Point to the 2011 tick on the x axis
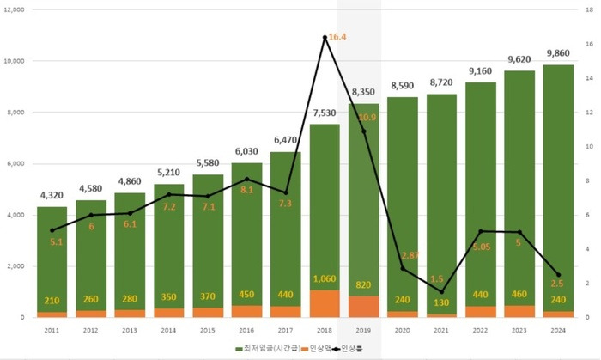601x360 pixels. (52, 329)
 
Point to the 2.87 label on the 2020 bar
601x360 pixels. (410, 256)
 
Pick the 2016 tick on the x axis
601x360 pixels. (246, 329)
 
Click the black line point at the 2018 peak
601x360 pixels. (325, 37)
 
